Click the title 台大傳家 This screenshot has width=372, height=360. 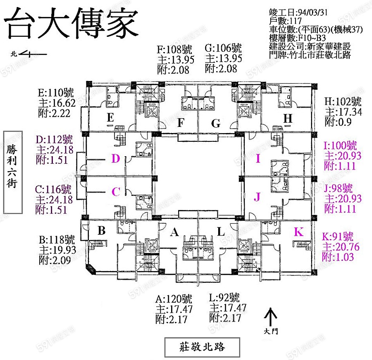coord(71,22)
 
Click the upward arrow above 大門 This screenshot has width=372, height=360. coord(270,317)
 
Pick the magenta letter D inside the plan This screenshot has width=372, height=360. coord(116,158)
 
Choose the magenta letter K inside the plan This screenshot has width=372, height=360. coord(298,232)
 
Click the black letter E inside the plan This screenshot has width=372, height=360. coord(110,119)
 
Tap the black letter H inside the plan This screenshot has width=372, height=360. coord(288,119)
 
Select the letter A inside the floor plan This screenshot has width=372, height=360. coord(174,233)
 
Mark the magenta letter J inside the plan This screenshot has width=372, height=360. coord(257,198)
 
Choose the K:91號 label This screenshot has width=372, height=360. coord(337,237)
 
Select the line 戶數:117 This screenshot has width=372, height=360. coord(286,21)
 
